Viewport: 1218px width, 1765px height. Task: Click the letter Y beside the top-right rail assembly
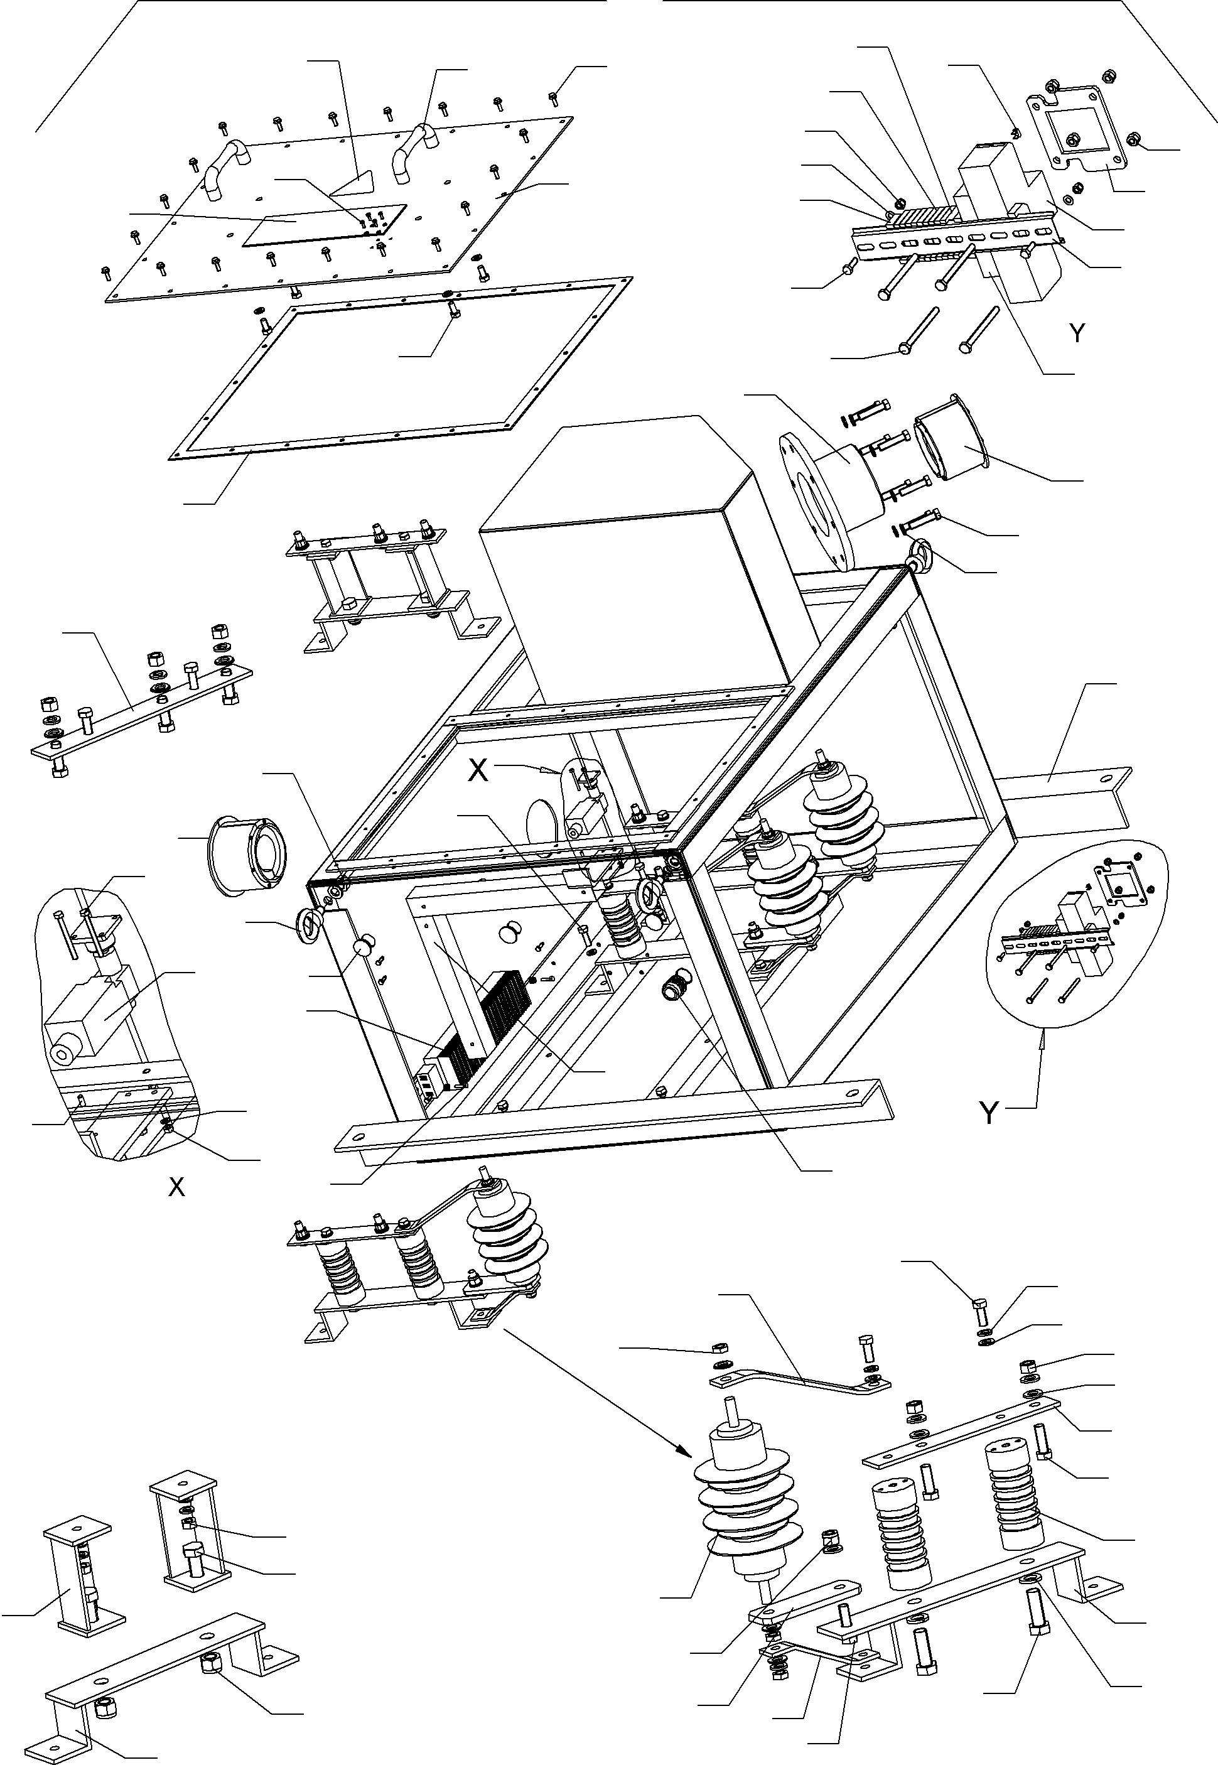click(x=1077, y=333)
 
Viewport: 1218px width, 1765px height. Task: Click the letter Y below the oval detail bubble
click(x=988, y=1113)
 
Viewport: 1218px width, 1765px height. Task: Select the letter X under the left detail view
click(x=176, y=1187)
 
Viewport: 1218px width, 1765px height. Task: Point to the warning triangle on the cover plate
click(x=354, y=182)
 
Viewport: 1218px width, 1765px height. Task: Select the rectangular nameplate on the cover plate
click(x=325, y=224)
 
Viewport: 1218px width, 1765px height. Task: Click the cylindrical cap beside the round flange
click(x=950, y=443)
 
